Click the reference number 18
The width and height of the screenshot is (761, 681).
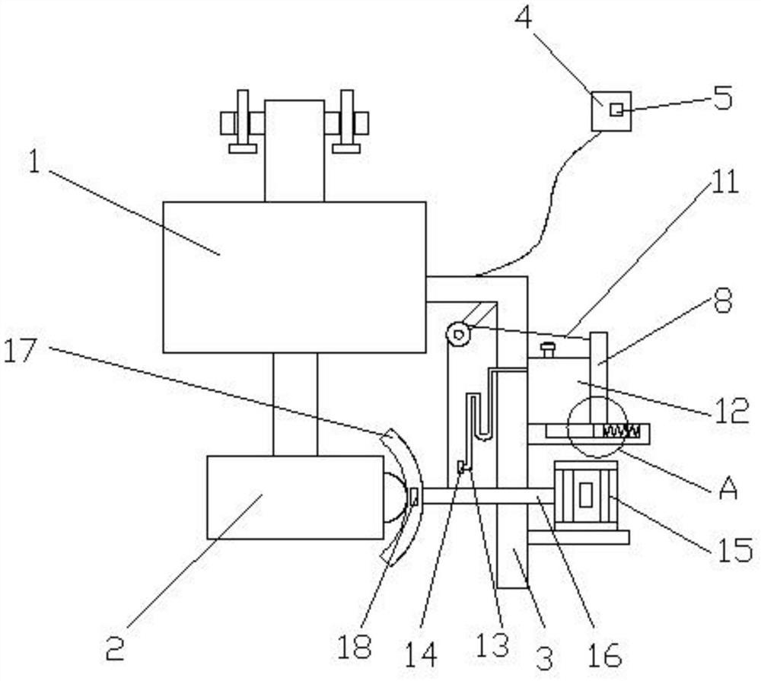355,647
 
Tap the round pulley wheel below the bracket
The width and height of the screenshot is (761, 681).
458,333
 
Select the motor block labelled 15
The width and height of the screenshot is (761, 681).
584,495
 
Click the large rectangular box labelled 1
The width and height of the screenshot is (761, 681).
295,277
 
